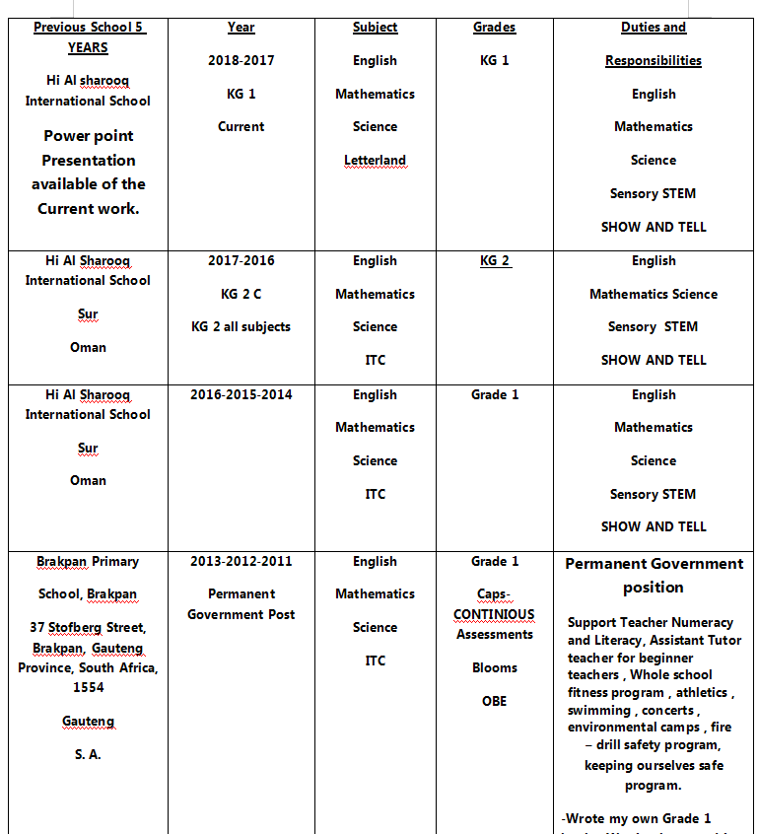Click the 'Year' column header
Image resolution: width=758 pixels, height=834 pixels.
pos(241,28)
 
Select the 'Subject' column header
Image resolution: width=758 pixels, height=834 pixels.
pos(375,28)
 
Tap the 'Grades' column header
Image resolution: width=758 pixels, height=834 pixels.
pos(494,28)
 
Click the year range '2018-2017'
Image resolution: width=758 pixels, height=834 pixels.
pos(241,61)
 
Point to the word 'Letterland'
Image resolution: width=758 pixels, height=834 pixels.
pos(375,161)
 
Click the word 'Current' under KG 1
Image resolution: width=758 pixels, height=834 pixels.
pos(241,127)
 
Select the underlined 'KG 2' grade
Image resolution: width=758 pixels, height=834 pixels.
pos(494,261)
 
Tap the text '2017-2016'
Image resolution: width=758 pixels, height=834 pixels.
pos(241,261)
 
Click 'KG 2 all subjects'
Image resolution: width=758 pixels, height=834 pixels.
pos(241,327)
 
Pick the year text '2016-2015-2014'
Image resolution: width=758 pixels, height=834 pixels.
pos(241,395)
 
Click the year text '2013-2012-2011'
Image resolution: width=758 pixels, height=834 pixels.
pos(241,562)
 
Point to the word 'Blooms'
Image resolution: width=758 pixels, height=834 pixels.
pos(494,668)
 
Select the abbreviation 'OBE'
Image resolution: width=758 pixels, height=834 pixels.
pos(494,702)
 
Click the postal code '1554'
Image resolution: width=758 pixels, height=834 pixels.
pos(88,688)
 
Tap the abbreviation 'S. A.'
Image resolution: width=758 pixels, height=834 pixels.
pos(88,755)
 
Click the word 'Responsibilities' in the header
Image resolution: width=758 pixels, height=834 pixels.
pos(654,61)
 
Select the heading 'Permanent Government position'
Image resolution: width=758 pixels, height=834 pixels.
pos(654,576)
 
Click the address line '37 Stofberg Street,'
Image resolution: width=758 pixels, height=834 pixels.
pos(88,628)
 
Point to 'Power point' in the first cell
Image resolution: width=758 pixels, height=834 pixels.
pos(88,136)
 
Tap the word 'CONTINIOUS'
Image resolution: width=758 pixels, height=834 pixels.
pos(494,615)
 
